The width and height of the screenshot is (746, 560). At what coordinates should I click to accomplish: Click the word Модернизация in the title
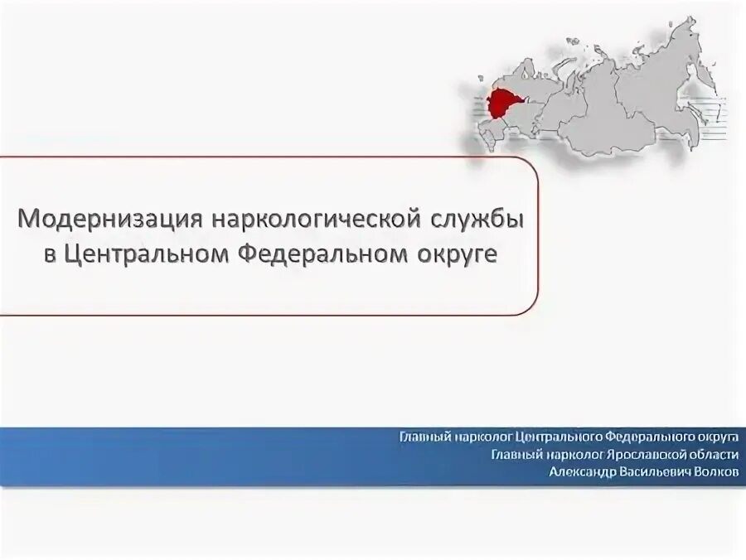pos(110,221)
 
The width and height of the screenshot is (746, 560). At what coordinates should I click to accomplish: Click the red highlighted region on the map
pos(500,104)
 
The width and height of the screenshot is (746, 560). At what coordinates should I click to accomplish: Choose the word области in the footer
pos(705,454)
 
